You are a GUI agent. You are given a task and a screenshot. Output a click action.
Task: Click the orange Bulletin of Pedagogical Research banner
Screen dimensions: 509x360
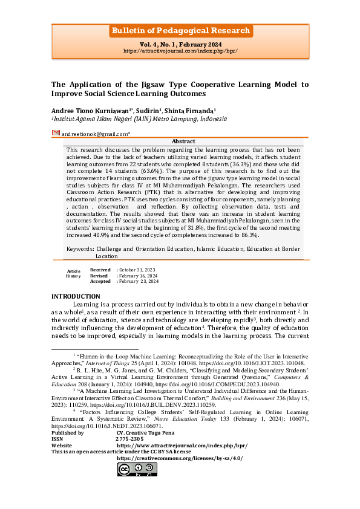click(180, 31)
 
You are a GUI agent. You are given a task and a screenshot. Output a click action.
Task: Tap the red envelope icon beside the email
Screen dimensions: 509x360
click(56, 132)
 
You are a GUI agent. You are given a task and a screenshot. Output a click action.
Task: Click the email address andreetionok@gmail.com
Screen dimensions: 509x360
click(94, 133)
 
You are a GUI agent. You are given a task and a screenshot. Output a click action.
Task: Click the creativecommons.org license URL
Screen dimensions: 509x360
click(179, 458)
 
